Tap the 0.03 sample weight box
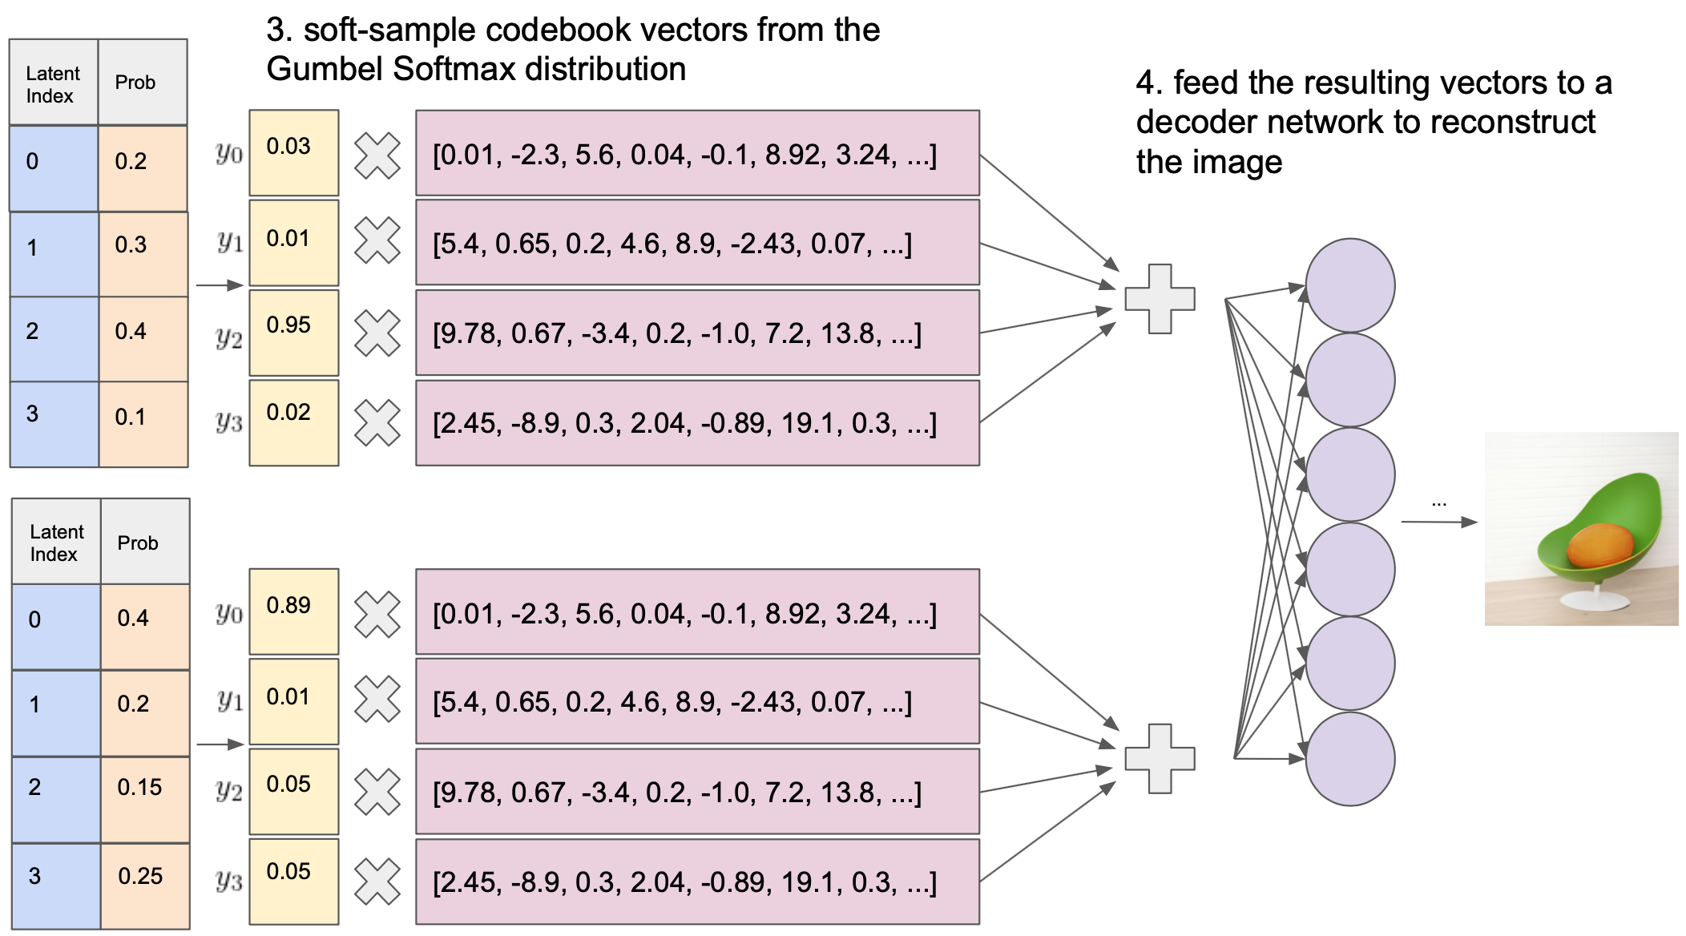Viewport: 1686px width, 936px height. pyautogui.click(x=293, y=152)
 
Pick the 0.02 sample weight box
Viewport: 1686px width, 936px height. pyautogui.click(x=293, y=422)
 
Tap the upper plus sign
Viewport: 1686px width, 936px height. pyautogui.click(x=1160, y=299)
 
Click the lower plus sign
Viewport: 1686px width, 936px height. pyautogui.click(x=1160, y=758)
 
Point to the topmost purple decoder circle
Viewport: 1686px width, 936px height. pyautogui.click(x=1350, y=285)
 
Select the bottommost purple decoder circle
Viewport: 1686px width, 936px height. pyautogui.click(x=1350, y=759)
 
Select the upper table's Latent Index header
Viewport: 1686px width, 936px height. pyautogui.click(x=53, y=83)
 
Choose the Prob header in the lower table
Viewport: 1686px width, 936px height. pyautogui.click(x=138, y=543)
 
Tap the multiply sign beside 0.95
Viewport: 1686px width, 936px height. pyautogui.click(x=377, y=333)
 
